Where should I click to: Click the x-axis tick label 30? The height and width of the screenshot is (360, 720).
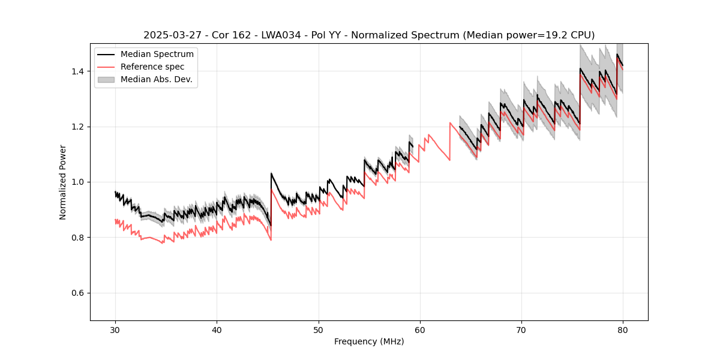[115, 329]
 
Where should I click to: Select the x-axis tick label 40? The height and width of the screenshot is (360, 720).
[217, 329]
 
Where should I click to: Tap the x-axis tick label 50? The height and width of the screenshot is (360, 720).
[318, 329]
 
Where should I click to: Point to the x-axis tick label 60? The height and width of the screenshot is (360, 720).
[419, 329]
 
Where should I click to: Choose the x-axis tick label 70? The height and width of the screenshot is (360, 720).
[521, 329]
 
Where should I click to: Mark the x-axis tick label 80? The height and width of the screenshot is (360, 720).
[623, 329]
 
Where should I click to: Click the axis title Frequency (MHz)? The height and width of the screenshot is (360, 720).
[369, 341]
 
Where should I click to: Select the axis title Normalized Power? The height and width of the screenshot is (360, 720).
[63, 182]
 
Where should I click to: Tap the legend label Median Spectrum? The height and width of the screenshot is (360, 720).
[157, 55]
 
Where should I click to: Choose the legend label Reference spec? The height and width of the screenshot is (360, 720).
[152, 67]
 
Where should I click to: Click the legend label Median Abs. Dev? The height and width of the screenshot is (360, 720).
[157, 79]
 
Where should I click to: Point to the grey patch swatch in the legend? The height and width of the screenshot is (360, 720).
[106, 79]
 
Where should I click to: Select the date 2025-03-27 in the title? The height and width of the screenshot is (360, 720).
[171, 35]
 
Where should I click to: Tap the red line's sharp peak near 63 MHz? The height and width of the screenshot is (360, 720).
[450, 123]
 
